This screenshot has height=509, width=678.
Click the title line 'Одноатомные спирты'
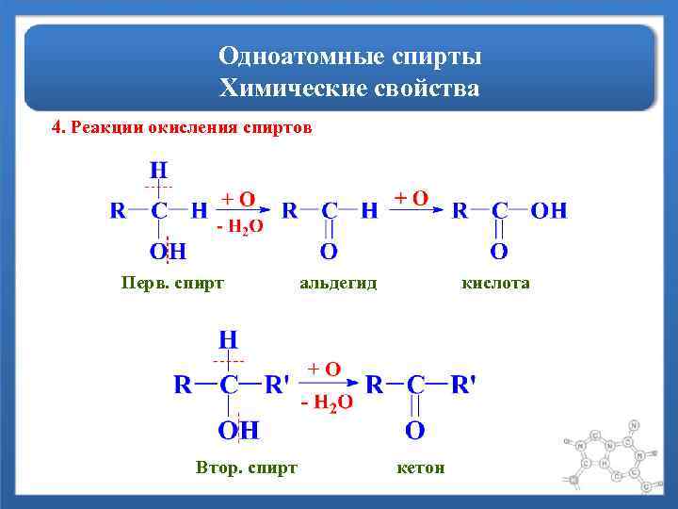[x=349, y=57]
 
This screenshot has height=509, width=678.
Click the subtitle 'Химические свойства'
[x=349, y=90]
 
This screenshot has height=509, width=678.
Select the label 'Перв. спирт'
[x=173, y=282]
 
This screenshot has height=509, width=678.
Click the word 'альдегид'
[x=337, y=282]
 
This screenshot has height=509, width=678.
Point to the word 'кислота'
[x=495, y=282]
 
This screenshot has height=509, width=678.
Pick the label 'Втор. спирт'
[x=247, y=467]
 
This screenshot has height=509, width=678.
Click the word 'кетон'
[x=421, y=467]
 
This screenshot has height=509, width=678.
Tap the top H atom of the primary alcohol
[x=159, y=171]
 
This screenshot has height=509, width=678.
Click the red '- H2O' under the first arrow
[x=239, y=227]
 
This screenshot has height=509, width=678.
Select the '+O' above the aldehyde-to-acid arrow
[x=411, y=198]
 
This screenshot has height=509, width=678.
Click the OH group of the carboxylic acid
[x=549, y=210]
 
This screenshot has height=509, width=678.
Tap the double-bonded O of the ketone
[x=414, y=431]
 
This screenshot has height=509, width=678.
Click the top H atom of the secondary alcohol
[x=228, y=338]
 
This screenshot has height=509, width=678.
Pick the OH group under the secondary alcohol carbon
[x=238, y=431]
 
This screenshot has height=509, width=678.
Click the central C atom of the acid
[x=500, y=210]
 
